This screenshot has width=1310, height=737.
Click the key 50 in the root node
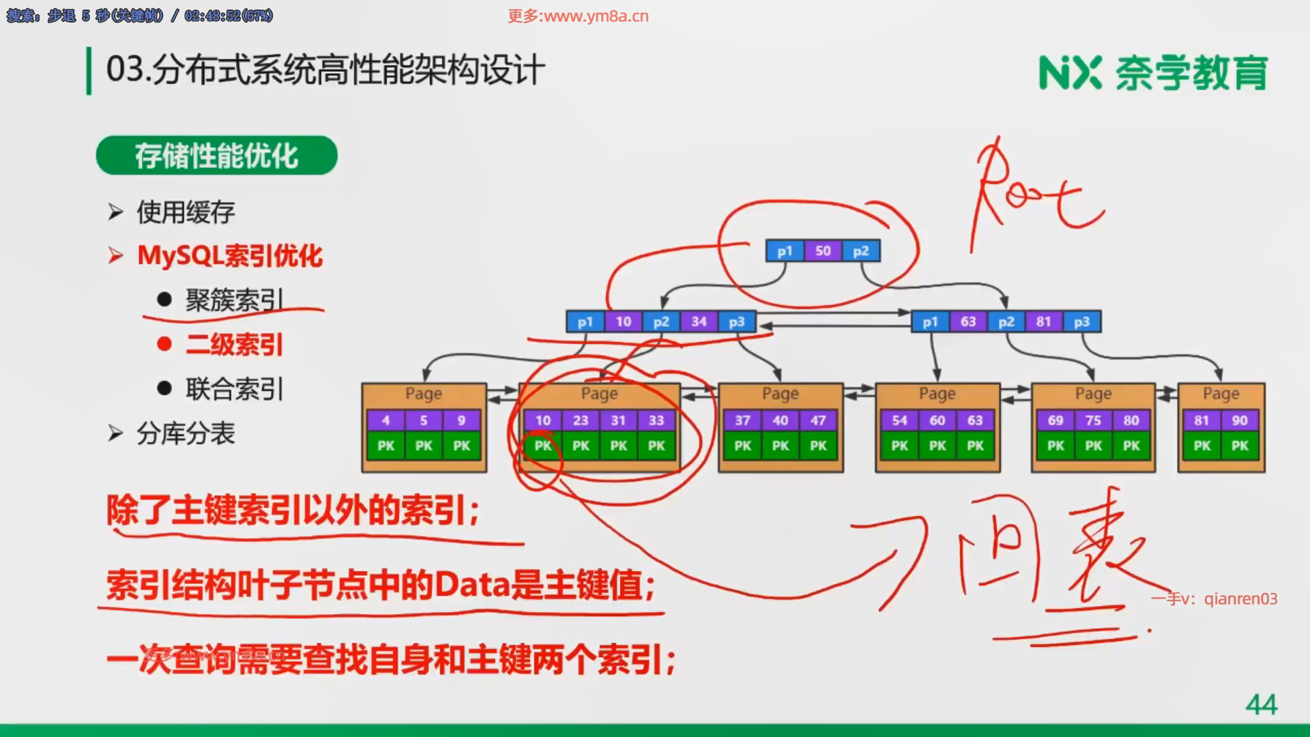click(x=823, y=251)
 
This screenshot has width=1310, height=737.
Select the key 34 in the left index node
click(x=699, y=321)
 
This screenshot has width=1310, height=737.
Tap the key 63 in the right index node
click(x=968, y=321)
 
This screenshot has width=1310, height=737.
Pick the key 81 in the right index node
click(x=1044, y=321)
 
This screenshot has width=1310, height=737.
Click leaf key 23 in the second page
click(x=581, y=420)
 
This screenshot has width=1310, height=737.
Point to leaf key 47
click(x=818, y=420)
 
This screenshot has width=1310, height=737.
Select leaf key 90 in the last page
click(x=1240, y=420)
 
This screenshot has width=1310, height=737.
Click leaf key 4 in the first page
click(x=385, y=420)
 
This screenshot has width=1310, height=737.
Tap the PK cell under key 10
click(x=543, y=446)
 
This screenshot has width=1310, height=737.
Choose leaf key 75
click(x=1093, y=420)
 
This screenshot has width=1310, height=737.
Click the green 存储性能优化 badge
click(x=216, y=156)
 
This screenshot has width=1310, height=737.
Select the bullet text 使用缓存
click(x=186, y=212)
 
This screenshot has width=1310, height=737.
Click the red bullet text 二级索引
click(x=234, y=345)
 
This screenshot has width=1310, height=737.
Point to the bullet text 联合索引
click(x=234, y=389)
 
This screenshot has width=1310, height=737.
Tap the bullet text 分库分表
click(x=186, y=433)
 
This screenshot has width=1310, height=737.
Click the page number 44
click(x=1261, y=704)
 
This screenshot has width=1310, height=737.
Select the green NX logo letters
click(x=1070, y=73)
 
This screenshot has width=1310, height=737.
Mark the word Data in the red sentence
click(x=471, y=585)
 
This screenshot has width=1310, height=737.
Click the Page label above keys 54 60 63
click(x=937, y=394)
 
